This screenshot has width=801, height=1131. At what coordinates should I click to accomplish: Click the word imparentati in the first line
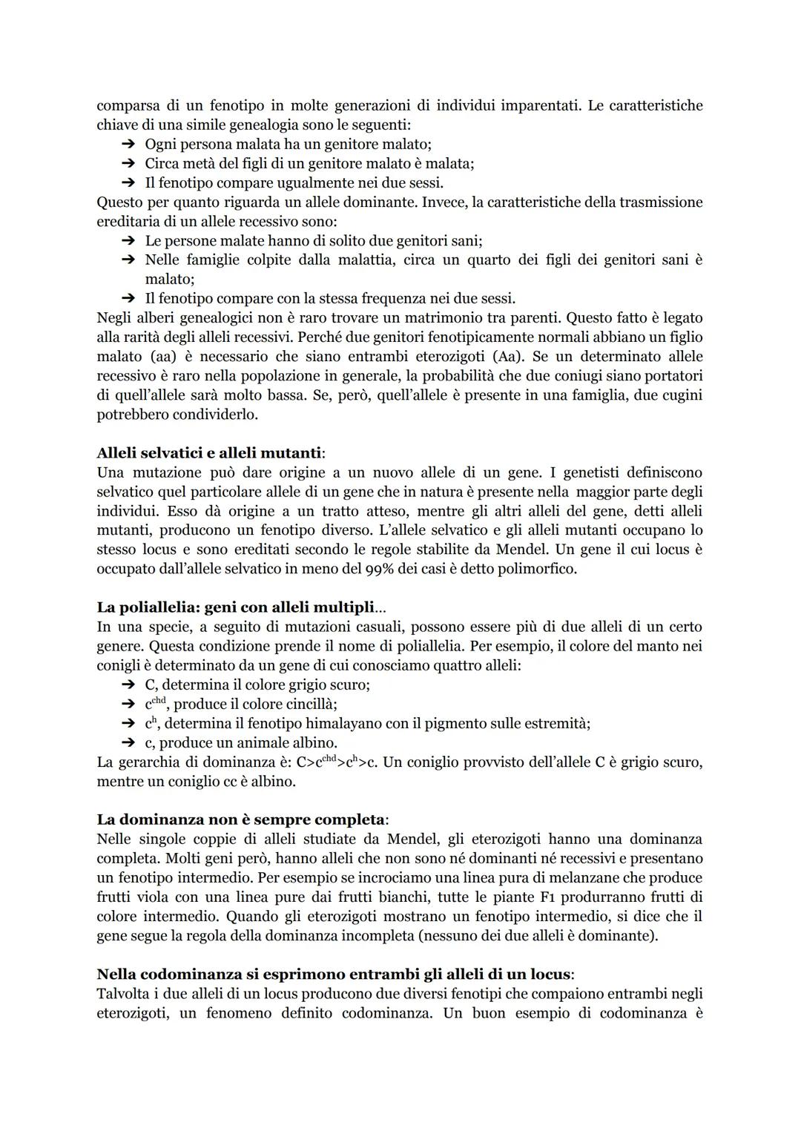tap(537, 105)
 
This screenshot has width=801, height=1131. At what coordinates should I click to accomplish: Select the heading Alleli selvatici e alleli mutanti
tap(211, 453)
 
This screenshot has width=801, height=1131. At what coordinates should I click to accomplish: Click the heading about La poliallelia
tap(241, 607)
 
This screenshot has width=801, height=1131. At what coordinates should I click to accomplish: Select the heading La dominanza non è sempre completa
tap(242, 820)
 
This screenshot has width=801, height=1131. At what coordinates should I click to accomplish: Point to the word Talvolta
tap(124, 993)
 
